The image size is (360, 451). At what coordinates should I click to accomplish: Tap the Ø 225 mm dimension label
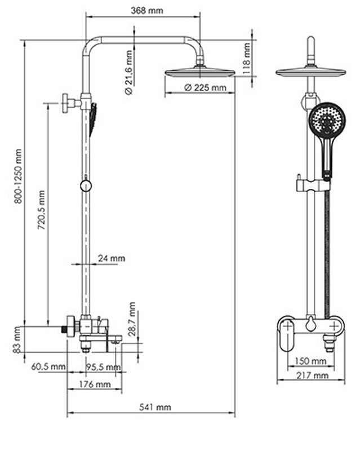click(206, 87)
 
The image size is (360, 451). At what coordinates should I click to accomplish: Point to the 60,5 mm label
click(48, 367)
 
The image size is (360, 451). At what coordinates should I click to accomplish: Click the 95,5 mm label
click(104, 367)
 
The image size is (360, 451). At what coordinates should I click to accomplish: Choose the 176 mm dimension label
click(94, 384)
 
